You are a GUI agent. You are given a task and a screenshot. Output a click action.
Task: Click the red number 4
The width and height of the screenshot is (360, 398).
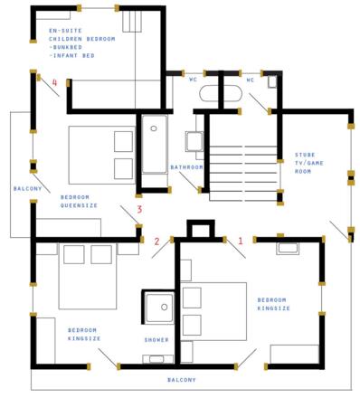[x=54, y=82]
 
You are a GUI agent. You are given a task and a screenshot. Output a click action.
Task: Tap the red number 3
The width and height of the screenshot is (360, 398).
[x=139, y=209]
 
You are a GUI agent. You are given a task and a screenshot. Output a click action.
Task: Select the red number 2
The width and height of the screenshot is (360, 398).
[x=156, y=242]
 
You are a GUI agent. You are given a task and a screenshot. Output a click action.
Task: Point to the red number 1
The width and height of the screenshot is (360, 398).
[x=241, y=241]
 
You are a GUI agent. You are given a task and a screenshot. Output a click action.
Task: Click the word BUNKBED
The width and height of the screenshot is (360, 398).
[x=67, y=47]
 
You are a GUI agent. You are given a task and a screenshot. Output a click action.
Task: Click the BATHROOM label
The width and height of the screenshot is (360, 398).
[x=186, y=167]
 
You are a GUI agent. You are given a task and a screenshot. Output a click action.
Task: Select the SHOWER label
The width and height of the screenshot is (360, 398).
[x=156, y=340]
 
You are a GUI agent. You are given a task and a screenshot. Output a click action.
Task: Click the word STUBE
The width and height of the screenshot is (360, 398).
[x=305, y=155]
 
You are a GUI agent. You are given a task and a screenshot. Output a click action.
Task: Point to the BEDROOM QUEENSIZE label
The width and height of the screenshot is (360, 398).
[x=79, y=202]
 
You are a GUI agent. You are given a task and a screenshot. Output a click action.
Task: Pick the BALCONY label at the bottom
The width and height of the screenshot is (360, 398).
[x=182, y=380]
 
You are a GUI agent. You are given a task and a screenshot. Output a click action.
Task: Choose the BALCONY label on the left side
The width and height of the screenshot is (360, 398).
[x=27, y=189]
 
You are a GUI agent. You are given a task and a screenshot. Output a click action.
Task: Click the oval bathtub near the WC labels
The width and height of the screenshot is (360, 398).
[x=221, y=93]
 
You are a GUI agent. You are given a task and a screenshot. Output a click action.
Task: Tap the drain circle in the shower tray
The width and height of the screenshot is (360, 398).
[x=165, y=307]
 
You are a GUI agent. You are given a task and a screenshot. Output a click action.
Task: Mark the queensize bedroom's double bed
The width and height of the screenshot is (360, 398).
[x=102, y=155]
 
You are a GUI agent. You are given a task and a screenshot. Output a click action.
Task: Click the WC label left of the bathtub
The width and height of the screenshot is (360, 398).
[x=193, y=80]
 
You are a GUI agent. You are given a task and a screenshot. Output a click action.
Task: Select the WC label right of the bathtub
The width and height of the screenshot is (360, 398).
[x=251, y=80]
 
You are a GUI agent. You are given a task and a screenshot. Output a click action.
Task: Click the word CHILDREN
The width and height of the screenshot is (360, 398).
[x=65, y=39]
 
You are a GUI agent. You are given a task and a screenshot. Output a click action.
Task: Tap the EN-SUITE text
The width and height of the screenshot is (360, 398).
[x=65, y=31]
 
